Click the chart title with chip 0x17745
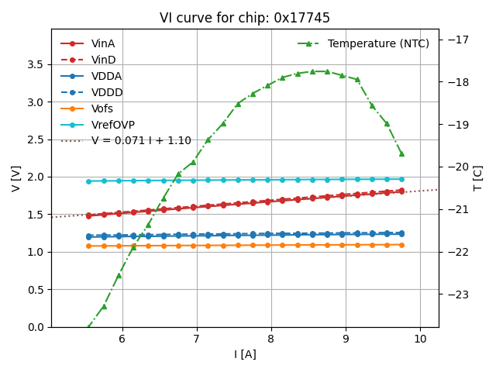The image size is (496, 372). tap(245, 18)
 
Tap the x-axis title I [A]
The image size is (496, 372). tap(245, 354)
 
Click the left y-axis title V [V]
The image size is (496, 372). tap(16, 178)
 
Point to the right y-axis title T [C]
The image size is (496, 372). tap(478, 178)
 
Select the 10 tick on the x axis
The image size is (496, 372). tap(420, 339)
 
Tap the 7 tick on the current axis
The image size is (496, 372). tap(196, 339)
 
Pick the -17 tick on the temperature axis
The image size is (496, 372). tap(456, 40)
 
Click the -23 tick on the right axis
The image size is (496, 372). tap(456, 294)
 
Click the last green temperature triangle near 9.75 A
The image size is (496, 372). tap(401, 153)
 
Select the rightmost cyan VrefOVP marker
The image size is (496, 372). tap(401, 179)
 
